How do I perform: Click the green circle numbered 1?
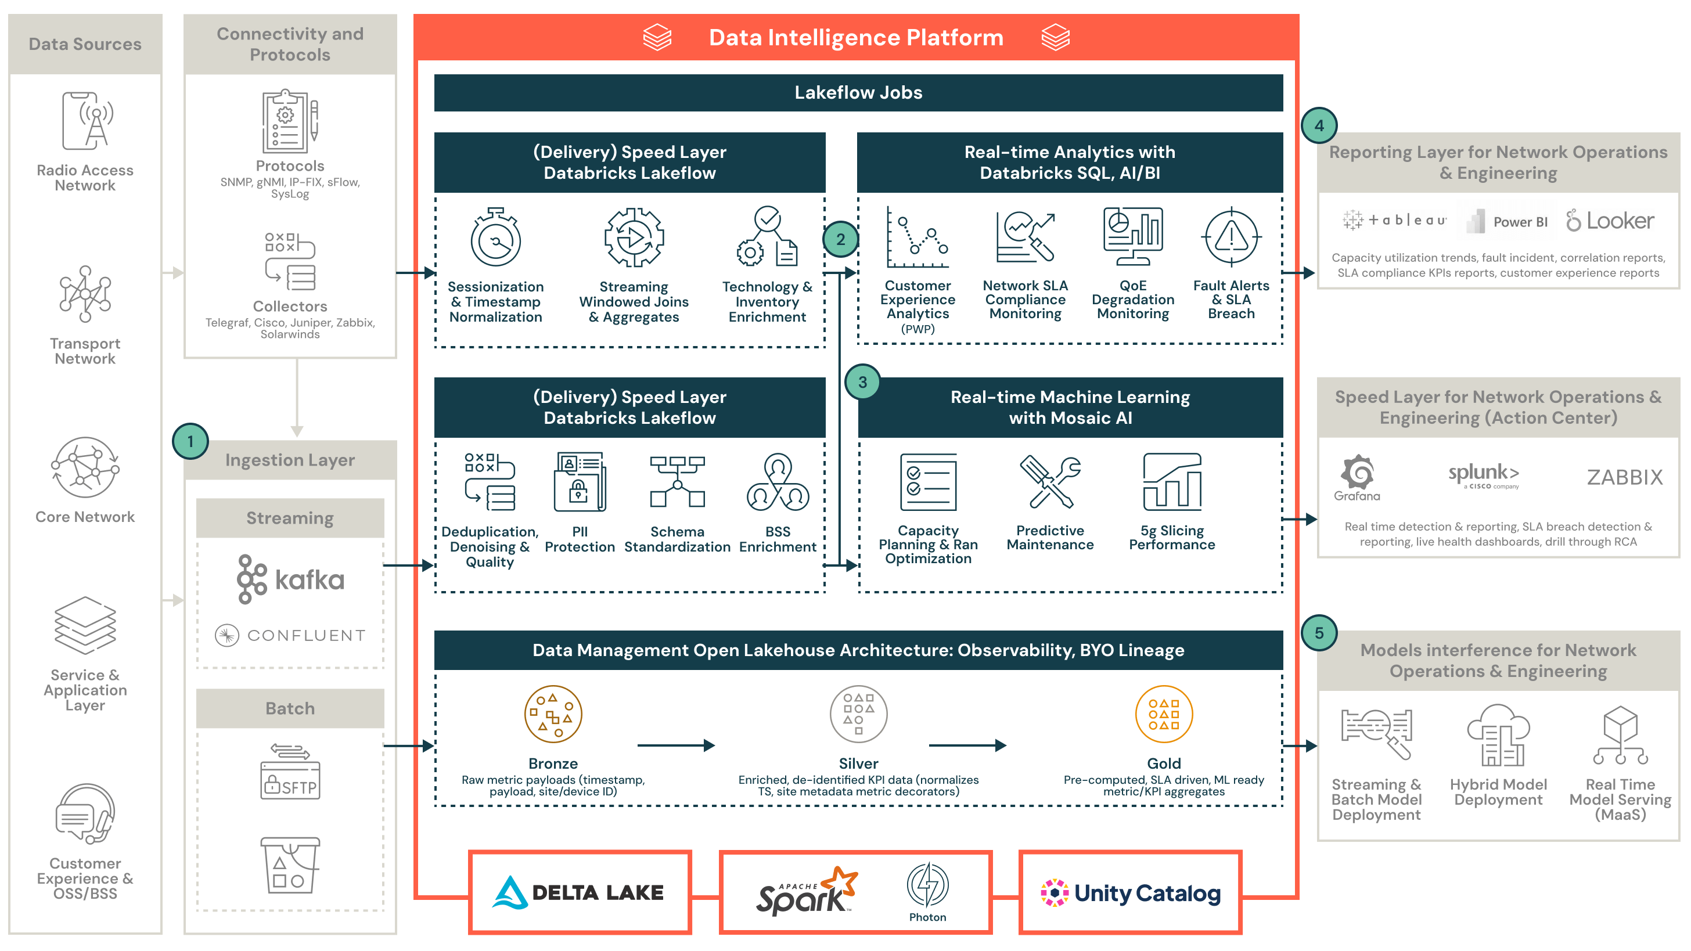(x=190, y=441)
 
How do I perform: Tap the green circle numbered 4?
(x=1319, y=125)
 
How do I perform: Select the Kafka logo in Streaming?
(x=290, y=579)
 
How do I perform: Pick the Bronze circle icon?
(x=553, y=714)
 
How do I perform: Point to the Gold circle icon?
(x=1163, y=714)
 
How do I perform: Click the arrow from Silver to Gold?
(x=967, y=745)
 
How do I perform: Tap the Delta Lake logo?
(x=578, y=892)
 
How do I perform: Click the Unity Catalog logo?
(x=1131, y=892)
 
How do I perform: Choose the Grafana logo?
(x=1357, y=478)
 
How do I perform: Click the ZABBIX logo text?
(x=1624, y=477)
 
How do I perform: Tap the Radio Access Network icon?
(x=88, y=122)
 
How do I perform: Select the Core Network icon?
(x=85, y=467)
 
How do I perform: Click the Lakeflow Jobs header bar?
(x=858, y=92)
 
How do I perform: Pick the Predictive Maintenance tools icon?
(x=1050, y=482)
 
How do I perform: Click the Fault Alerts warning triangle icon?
(x=1231, y=237)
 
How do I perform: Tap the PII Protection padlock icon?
(x=579, y=482)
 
